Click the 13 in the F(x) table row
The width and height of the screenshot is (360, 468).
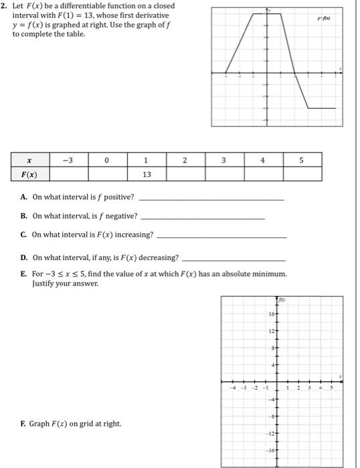pos(147,174)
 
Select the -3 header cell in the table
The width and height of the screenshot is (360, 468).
pos(69,160)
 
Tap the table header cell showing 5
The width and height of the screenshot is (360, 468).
pos(301,160)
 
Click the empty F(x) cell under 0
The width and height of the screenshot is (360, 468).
pos(108,174)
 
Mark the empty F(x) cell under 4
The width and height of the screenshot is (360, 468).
pos(263,174)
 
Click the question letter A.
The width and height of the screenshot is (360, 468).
pos(24,197)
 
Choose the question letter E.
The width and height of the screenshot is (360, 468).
pos(24,274)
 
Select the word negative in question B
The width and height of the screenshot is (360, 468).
pos(122,216)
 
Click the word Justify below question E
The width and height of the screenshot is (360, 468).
pos(43,283)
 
